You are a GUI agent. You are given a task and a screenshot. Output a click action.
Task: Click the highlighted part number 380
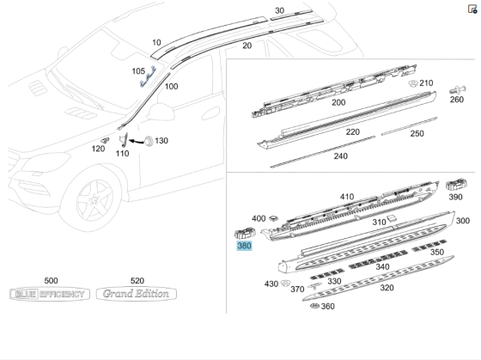[245, 245]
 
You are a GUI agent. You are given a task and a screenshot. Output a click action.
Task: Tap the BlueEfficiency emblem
[49, 294]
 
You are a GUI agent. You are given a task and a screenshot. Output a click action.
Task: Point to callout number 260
[456, 100]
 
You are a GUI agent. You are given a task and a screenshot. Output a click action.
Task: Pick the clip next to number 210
[412, 82]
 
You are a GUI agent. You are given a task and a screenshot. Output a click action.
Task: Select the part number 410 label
[346, 197]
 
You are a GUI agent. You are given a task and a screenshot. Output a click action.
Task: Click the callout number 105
[138, 71]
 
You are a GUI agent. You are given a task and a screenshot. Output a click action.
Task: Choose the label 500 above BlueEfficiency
[51, 281]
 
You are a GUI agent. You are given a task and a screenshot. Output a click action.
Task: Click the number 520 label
[137, 281]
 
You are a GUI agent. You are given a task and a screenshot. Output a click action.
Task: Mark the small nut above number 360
[315, 307]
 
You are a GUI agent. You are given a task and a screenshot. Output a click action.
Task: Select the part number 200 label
[338, 102]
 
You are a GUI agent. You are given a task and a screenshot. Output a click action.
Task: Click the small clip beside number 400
[274, 218]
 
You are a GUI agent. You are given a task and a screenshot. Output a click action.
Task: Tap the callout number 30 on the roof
[279, 11]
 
